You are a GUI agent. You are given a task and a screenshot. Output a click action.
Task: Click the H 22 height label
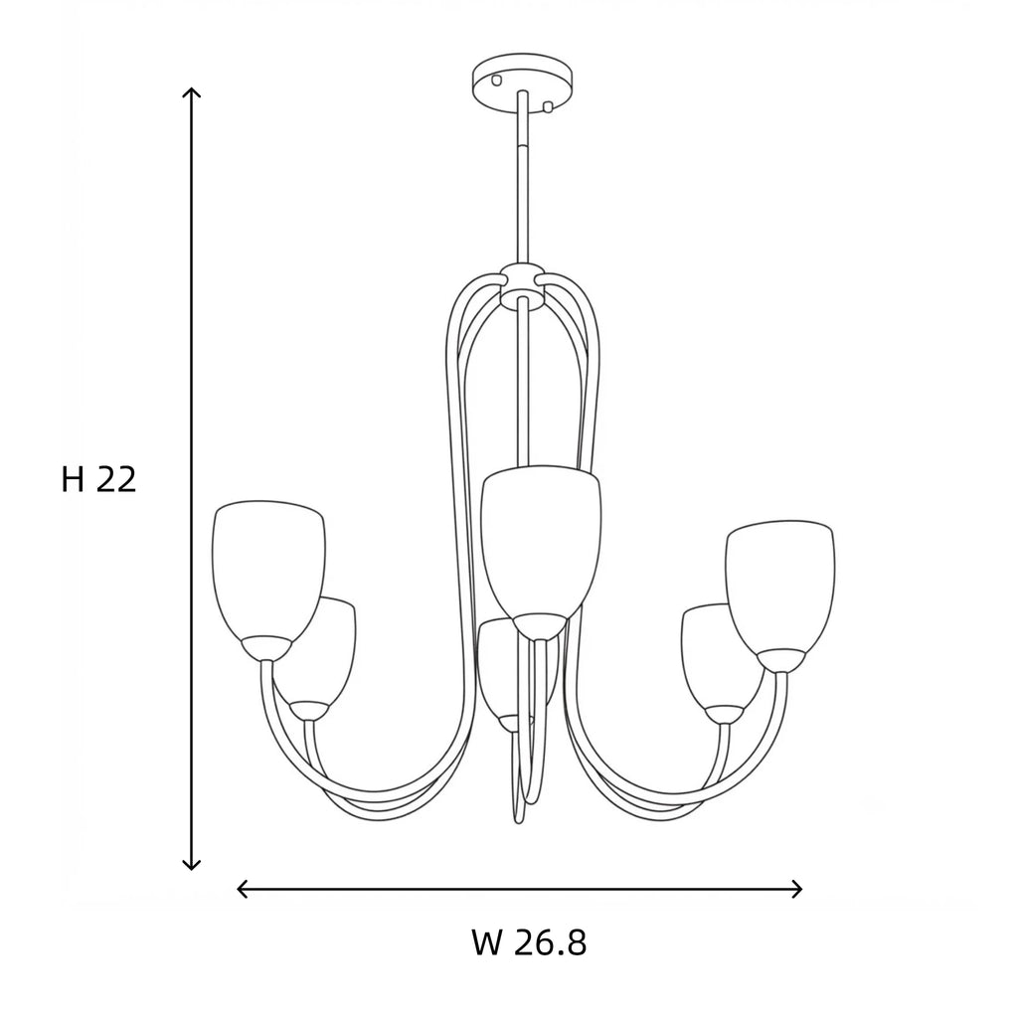98,480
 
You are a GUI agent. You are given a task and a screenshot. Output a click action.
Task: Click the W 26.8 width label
529,942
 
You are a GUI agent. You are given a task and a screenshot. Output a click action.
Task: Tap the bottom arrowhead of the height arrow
191,864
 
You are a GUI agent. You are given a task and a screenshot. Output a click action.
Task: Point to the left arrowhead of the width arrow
243,889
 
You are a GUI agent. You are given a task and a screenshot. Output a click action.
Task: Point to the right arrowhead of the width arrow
796,889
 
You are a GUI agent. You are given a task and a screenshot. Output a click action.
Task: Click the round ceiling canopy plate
523,84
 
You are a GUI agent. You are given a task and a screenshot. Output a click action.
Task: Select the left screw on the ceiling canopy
497,80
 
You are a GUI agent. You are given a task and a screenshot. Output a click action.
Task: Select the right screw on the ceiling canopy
548,106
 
